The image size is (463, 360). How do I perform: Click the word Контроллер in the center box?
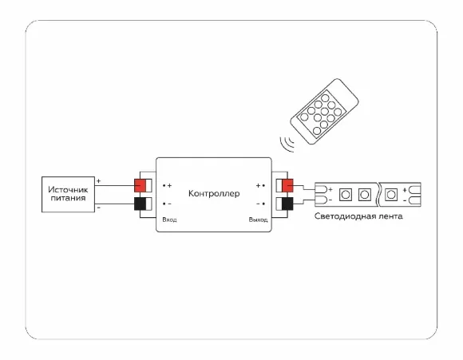click(214, 194)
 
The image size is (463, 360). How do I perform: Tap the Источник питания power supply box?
click(68, 194)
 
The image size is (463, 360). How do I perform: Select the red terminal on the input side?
click(140, 185)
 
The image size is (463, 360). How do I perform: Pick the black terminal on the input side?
click(140, 204)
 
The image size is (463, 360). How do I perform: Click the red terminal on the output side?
click(287, 185)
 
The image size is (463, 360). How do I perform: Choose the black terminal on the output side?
click(287, 204)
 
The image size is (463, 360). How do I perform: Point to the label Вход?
click(169, 220)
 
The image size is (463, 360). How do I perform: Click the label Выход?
click(258, 220)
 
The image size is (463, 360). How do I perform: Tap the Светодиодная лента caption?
click(358, 216)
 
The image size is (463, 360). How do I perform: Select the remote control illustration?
click(324, 111)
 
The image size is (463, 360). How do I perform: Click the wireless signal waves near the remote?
click(287, 144)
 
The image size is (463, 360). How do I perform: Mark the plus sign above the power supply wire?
click(99, 180)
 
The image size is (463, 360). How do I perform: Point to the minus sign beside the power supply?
click(99, 208)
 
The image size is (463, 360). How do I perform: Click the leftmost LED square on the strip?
click(346, 195)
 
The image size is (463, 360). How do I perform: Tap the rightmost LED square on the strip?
click(391, 195)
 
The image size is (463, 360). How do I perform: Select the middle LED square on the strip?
click(364, 195)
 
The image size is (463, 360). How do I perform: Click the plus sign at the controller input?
click(169, 185)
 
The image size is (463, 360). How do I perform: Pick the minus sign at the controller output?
click(258, 204)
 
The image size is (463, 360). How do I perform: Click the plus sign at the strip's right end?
click(405, 190)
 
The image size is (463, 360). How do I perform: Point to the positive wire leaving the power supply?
click(115, 185)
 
